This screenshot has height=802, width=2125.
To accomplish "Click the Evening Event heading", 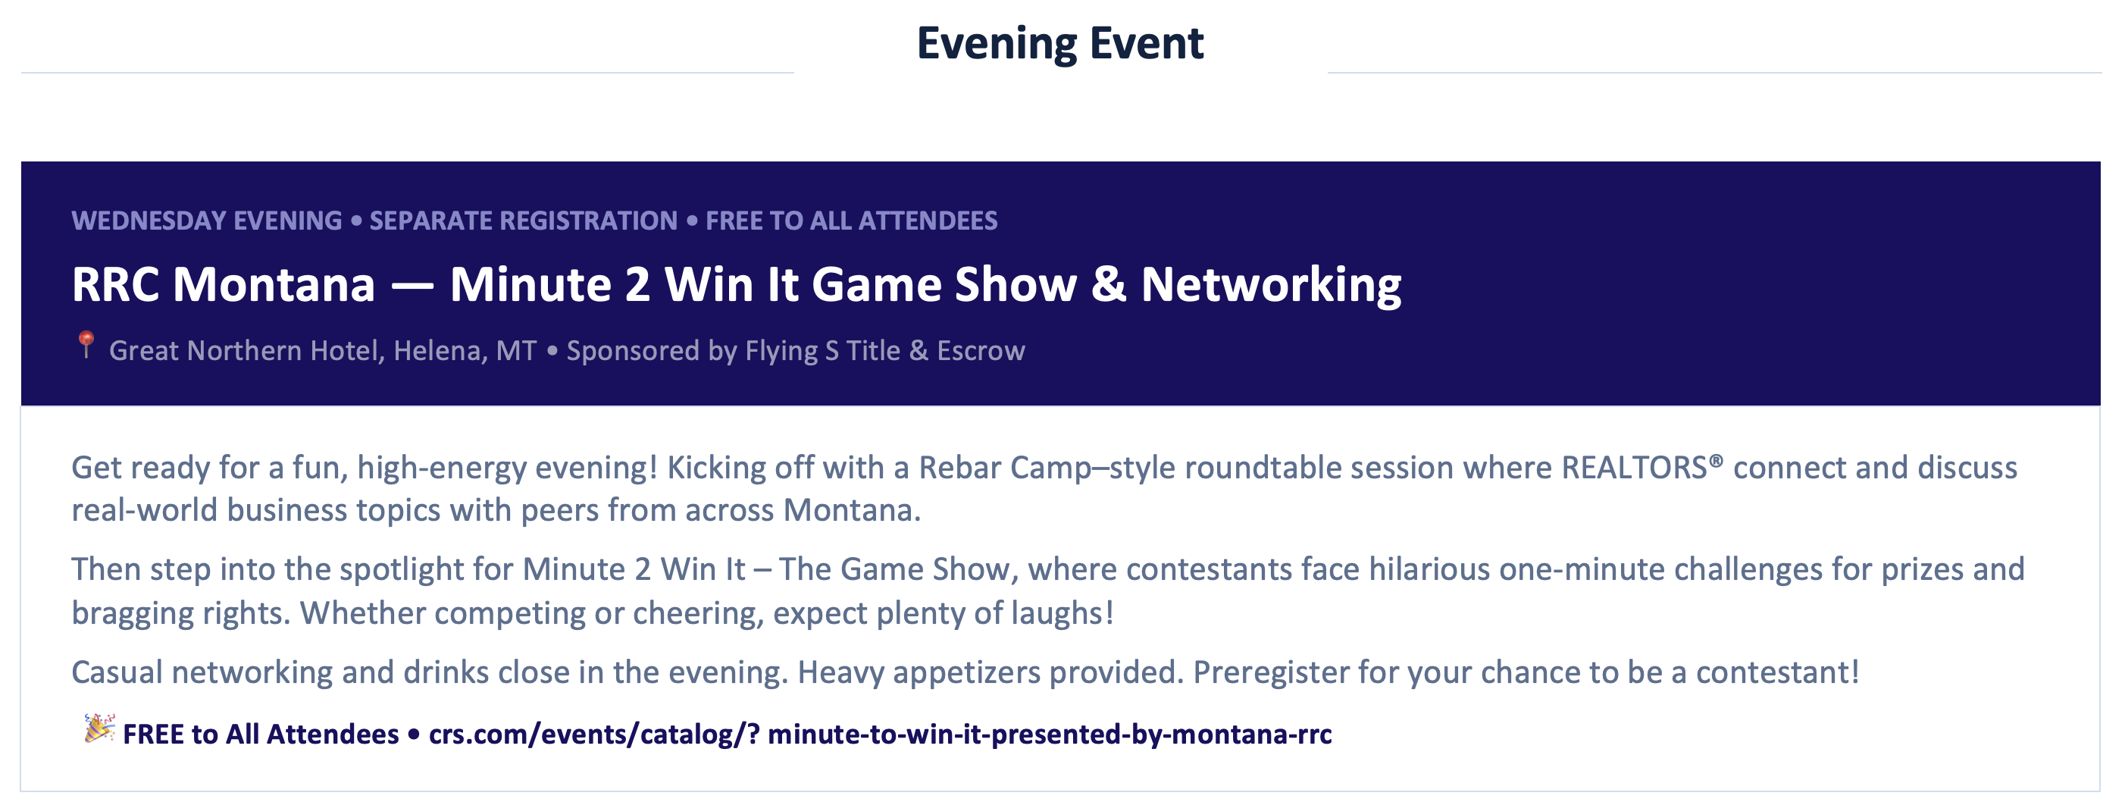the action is coord(1060,44).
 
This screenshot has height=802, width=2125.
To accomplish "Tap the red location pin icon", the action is coord(86,344).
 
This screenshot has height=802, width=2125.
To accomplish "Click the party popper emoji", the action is coord(99,728).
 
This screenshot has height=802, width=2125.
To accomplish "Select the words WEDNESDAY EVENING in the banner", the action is coord(206,221).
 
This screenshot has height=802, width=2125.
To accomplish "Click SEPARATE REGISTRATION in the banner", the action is coord(523,221).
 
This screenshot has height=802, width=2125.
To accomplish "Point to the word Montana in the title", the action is coord(274,285).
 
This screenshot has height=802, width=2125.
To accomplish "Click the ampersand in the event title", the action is coord(1109,285).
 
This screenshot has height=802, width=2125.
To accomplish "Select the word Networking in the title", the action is coord(1271,287).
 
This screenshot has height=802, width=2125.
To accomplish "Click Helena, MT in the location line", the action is coord(465,352).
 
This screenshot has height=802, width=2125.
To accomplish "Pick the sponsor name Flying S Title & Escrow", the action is coord(885,352).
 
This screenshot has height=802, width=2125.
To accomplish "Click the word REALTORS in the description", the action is coord(1634,468).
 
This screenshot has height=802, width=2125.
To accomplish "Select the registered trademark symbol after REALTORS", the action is coord(1716,460).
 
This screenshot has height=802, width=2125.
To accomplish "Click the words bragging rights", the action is coord(180,614).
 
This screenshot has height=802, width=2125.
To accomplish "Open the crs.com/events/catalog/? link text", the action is coord(594,735).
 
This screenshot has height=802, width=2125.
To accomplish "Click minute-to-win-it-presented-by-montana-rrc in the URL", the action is coord(1050,735).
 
